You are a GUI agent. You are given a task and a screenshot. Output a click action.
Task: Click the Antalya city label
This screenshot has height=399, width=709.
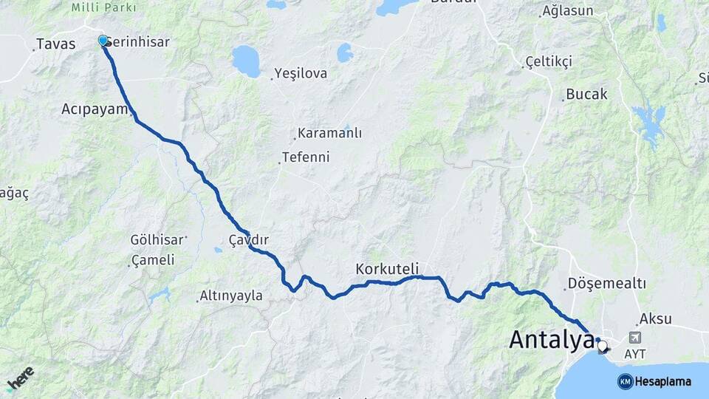pos(551,340)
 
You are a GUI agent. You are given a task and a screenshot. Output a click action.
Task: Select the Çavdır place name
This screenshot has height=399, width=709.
pos(248,240)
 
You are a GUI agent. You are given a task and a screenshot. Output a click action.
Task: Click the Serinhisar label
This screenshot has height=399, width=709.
pos(140,42)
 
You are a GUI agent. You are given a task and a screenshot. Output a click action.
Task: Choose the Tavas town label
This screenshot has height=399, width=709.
pos(56,44)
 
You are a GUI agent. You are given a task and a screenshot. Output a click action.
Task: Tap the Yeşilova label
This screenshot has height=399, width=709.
pos(301,73)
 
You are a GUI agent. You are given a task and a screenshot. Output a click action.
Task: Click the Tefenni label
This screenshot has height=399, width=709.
pos(306,157)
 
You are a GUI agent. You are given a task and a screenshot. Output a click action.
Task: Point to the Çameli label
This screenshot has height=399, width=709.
pos(154,260)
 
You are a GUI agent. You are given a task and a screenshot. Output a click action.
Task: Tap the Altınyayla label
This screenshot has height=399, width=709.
pos(231,296)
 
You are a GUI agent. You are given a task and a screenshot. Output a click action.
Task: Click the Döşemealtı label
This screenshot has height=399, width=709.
pos(608,284)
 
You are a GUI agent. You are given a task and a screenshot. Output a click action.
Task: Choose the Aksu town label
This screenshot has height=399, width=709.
pos(656,319)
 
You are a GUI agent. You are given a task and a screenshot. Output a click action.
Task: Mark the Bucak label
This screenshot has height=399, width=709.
pos(586,95)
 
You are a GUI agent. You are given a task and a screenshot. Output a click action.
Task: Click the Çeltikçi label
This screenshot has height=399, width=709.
pos(549,61)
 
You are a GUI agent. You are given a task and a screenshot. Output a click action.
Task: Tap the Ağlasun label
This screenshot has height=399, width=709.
pos(567,11)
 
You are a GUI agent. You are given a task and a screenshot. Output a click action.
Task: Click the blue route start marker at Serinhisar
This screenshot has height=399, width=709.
pos(103,40)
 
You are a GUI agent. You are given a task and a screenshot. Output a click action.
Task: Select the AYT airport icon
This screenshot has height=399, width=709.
pos(634,337)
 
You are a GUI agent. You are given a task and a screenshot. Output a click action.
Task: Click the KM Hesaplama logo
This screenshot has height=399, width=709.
pos(654,381)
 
